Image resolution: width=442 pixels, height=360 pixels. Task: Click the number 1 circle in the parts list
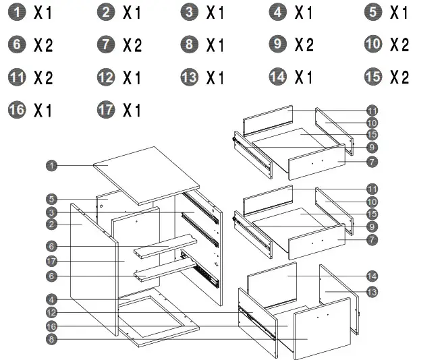click(x=16, y=12)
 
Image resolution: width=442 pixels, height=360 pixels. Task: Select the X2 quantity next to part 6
click(x=43, y=46)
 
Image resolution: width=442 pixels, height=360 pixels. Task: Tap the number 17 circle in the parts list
click(x=106, y=110)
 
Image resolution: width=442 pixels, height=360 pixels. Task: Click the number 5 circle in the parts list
click(x=372, y=12)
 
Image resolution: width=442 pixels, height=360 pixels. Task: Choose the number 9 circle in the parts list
click(x=277, y=45)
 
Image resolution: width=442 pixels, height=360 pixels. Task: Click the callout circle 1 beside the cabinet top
click(x=51, y=164)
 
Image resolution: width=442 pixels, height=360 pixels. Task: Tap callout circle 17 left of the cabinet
click(x=51, y=261)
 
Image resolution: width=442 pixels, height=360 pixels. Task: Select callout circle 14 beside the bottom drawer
click(x=372, y=276)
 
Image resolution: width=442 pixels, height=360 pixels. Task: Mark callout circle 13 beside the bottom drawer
click(x=372, y=292)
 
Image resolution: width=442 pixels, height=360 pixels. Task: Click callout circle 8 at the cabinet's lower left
click(x=51, y=339)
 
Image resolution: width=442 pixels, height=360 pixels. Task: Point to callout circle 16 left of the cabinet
click(x=51, y=326)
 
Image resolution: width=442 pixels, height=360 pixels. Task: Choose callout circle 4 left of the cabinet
click(x=51, y=299)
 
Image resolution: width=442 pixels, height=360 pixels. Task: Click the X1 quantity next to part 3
click(x=215, y=12)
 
